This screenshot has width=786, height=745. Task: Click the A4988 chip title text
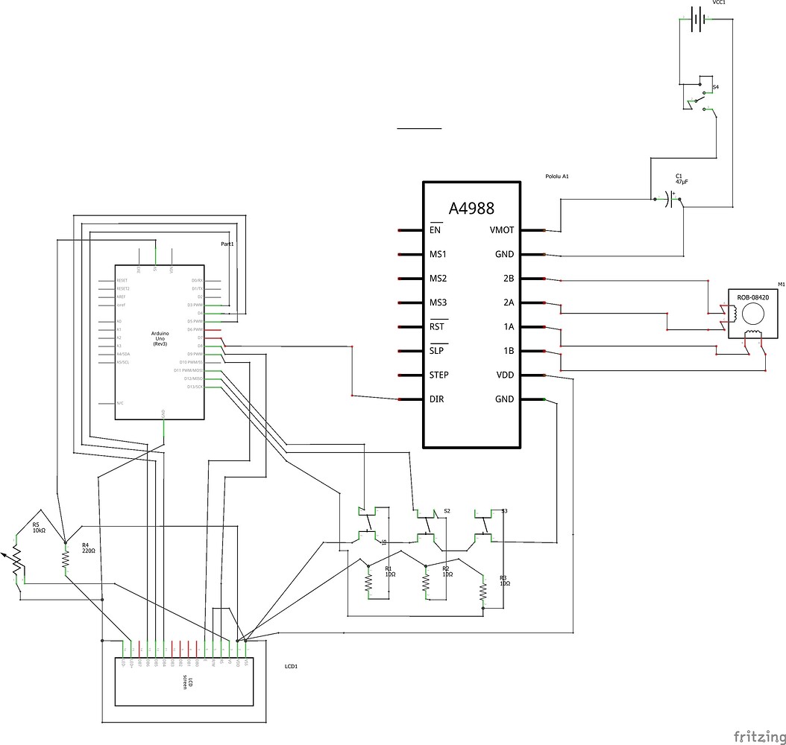[x=471, y=209]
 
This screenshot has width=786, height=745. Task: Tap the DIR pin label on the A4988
[x=437, y=399]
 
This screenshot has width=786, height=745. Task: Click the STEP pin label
[x=439, y=375]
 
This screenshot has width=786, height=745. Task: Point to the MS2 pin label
[x=438, y=279]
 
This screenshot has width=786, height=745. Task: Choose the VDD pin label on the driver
[x=504, y=375]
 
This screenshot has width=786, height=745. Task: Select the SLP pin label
[x=436, y=351]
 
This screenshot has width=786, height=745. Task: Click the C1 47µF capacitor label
[x=682, y=179]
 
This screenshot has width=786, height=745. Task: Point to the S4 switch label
[x=716, y=87]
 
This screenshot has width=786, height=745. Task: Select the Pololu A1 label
[x=557, y=177]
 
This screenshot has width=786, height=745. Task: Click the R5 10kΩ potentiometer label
[x=39, y=527]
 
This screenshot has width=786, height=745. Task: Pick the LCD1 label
[x=292, y=666]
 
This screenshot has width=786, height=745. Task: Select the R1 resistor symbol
[x=368, y=583]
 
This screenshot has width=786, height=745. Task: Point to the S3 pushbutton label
[x=505, y=511]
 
